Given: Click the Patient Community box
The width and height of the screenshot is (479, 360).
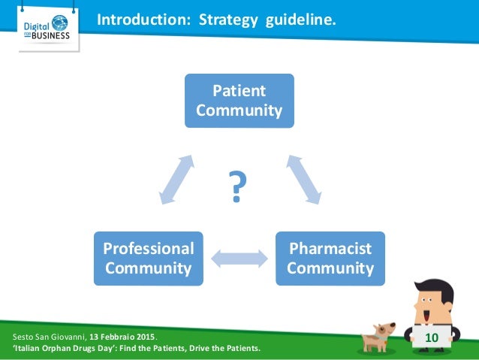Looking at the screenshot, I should (x=239, y=100).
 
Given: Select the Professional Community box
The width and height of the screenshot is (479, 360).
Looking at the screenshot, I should (x=148, y=258).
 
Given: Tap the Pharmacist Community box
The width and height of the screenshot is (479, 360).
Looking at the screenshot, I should (x=330, y=258).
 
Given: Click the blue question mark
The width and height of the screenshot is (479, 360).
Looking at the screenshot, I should (x=236, y=188).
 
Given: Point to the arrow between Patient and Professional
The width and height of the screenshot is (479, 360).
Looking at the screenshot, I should (x=177, y=180).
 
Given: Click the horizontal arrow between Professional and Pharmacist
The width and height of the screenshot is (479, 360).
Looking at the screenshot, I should (x=239, y=258).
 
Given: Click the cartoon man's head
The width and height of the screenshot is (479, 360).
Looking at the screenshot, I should (x=434, y=301).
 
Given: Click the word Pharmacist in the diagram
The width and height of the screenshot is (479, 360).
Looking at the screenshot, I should (x=330, y=248).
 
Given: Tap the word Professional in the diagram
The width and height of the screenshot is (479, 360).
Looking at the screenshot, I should (x=148, y=248).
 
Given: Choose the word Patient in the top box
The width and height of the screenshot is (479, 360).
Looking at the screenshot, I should (x=239, y=91).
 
